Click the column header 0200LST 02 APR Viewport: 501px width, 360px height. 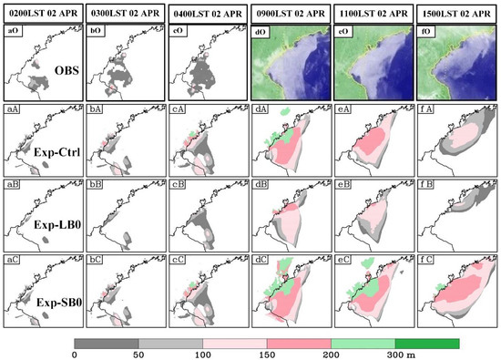click(42, 13)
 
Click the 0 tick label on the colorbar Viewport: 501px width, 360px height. click(73, 354)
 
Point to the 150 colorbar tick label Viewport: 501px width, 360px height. click(237, 354)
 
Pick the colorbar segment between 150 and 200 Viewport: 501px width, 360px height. click(264, 342)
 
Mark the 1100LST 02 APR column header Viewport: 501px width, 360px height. click(373, 13)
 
